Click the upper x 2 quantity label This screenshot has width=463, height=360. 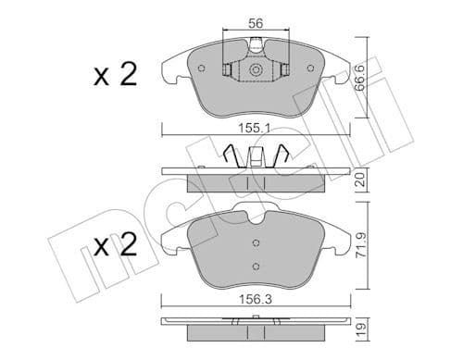coord(116,75)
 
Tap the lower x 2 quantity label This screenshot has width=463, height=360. coord(116,245)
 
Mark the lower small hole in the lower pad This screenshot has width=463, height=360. coord(257,267)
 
